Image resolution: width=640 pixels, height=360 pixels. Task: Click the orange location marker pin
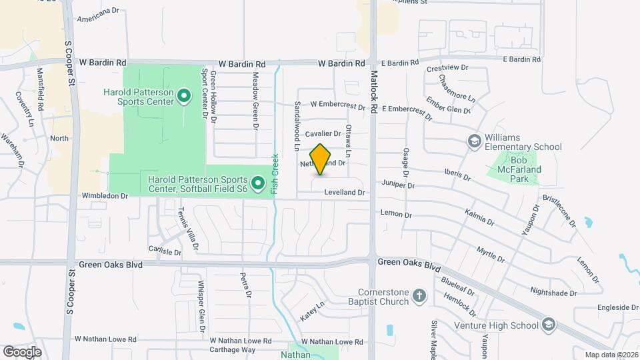coord(321,159)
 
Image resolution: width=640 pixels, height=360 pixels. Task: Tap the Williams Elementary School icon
coord(474,141)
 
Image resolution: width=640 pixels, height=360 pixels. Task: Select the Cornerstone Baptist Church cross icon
coord(419,296)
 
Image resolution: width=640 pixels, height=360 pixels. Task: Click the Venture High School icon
coord(548,325)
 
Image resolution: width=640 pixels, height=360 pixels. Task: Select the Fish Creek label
coord(274,175)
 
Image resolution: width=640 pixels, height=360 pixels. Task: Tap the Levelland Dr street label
coord(345,193)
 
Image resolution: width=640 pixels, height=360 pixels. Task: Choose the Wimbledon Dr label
coord(104,196)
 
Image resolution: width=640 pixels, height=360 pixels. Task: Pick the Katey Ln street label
coord(311,311)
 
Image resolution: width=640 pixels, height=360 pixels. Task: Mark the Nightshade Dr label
coord(553,291)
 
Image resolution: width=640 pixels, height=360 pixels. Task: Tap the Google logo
coord(22,351)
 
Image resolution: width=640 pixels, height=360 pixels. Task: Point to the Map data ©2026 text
coord(610,355)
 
